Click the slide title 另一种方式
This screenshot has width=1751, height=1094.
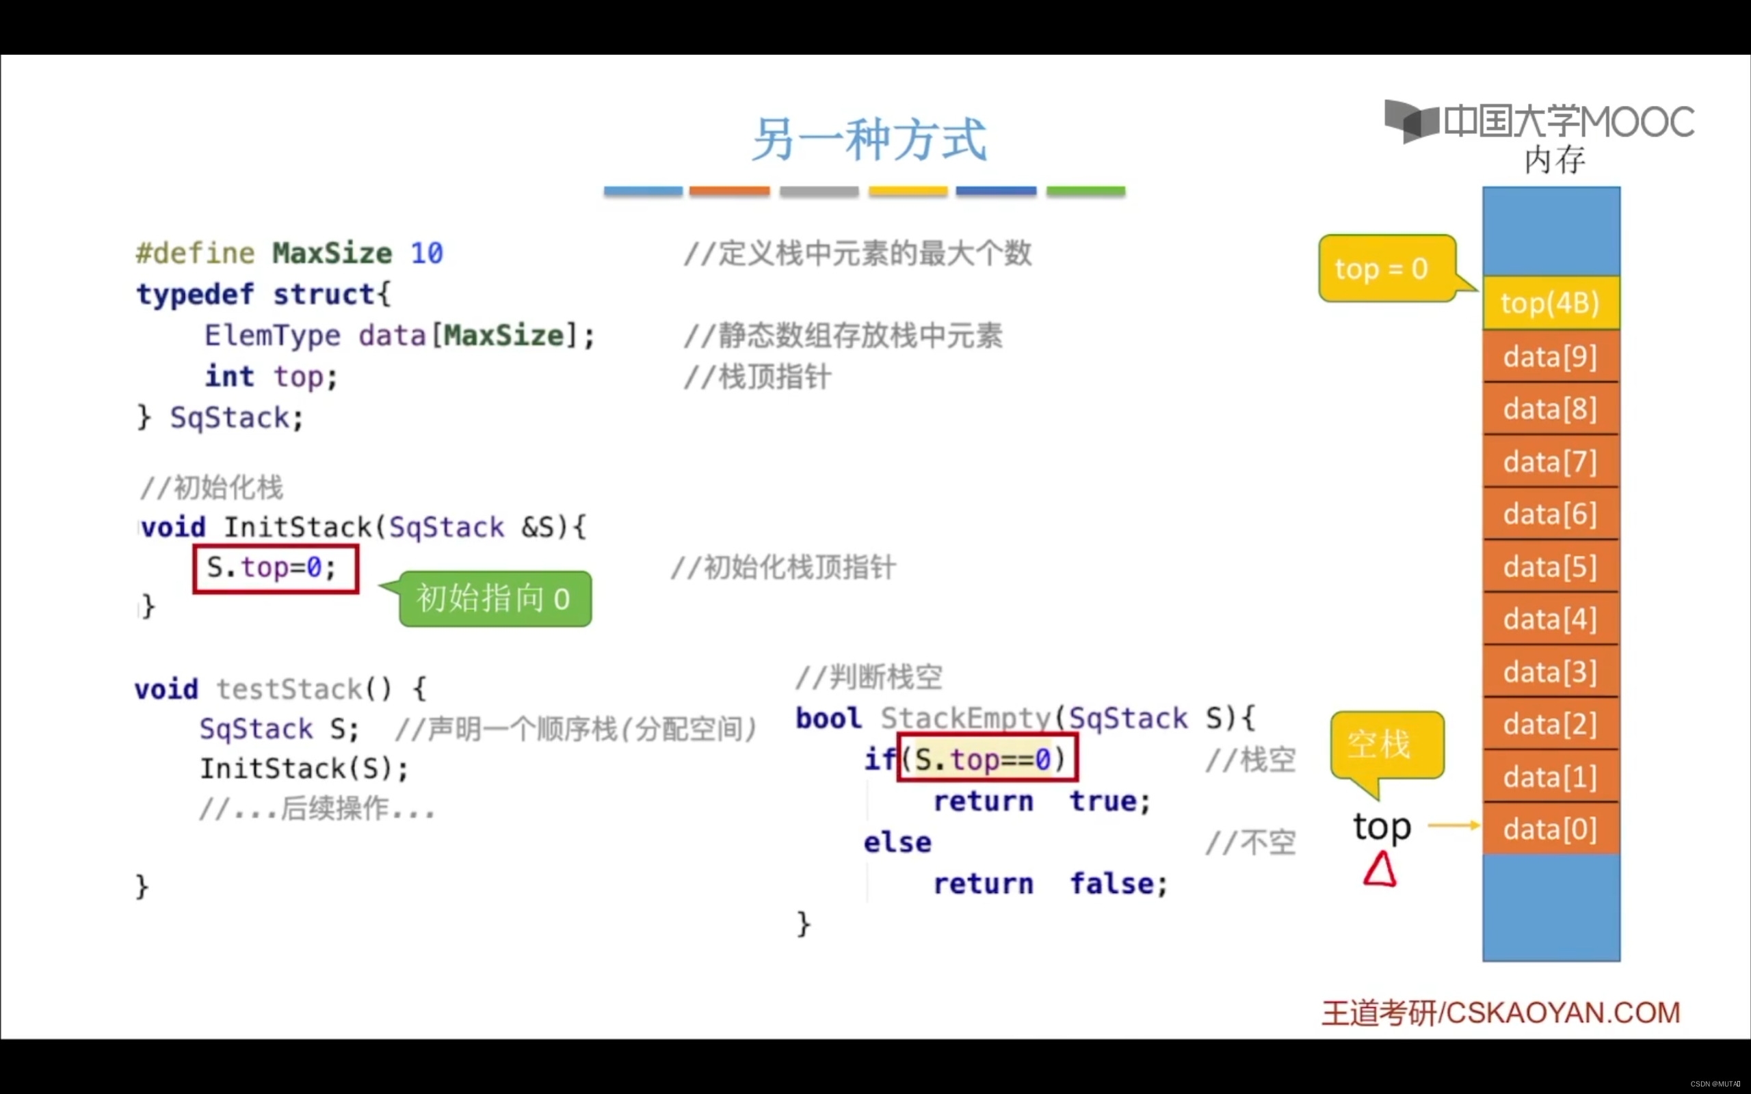click(869, 139)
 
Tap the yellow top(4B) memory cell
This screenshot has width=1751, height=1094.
click(1551, 303)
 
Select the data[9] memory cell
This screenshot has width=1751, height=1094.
click(1551, 357)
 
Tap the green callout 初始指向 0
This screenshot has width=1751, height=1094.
click(495, 599)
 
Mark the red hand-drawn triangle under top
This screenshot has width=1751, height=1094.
click(1380, 870)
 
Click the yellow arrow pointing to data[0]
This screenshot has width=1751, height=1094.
click(1453, 825)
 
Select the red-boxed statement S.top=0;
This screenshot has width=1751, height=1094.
click(276, 569)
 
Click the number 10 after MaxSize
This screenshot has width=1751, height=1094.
click(426, 253)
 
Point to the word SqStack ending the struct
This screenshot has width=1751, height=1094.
click(229, 418)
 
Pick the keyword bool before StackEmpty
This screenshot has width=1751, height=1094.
click(828, 719)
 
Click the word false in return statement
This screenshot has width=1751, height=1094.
click(1111, 883)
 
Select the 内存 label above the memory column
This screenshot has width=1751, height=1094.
click(1554, 160)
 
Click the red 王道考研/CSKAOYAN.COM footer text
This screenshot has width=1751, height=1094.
click(1501, 1012)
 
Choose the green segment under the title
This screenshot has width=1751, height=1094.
click(1085, 191)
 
